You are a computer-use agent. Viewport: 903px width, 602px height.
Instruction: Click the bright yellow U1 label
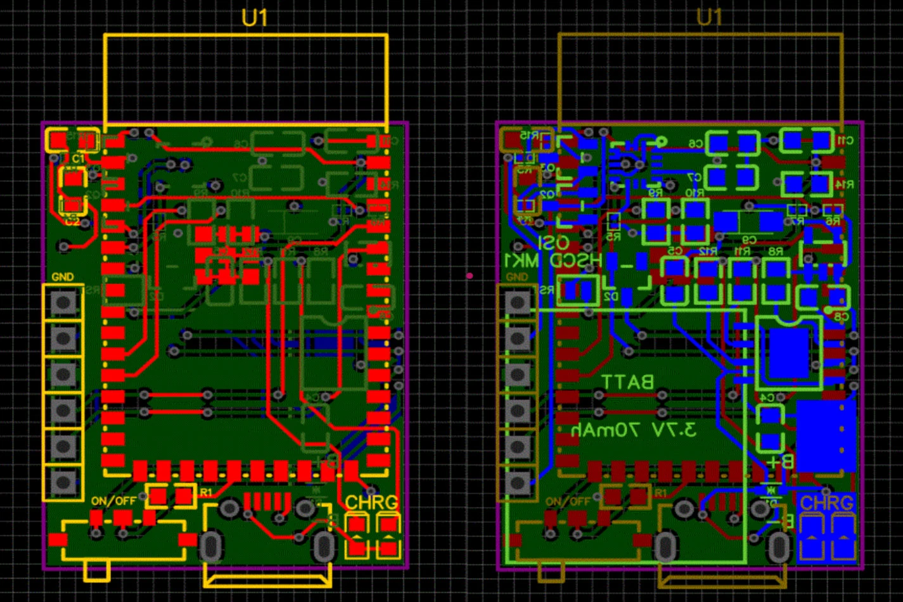pos(255,18)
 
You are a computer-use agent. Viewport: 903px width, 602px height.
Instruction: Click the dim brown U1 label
pos(709,17)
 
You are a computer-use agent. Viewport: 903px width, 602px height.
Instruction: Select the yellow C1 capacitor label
pos(78,158)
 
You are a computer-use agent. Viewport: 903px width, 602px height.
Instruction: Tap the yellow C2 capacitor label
pos(72,221)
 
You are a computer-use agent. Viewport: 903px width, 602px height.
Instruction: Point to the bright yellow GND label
pos(63,277)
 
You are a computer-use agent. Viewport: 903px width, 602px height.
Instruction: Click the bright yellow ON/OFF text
pos(113,501)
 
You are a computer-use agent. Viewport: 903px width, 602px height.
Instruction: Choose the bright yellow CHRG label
pos(371,502)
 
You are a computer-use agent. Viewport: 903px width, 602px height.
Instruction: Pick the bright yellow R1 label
pos(207,492)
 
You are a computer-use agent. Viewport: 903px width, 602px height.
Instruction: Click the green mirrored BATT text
pos(627,382)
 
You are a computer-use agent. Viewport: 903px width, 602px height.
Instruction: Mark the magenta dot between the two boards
pos(470,276)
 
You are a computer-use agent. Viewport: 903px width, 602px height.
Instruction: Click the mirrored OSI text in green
pos(554,243)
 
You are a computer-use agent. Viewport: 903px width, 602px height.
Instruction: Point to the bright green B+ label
pos(779,461)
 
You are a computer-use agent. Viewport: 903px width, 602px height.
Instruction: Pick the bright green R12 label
pos(707,252)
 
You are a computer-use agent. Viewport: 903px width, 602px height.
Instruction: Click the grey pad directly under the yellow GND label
pos(63,302)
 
